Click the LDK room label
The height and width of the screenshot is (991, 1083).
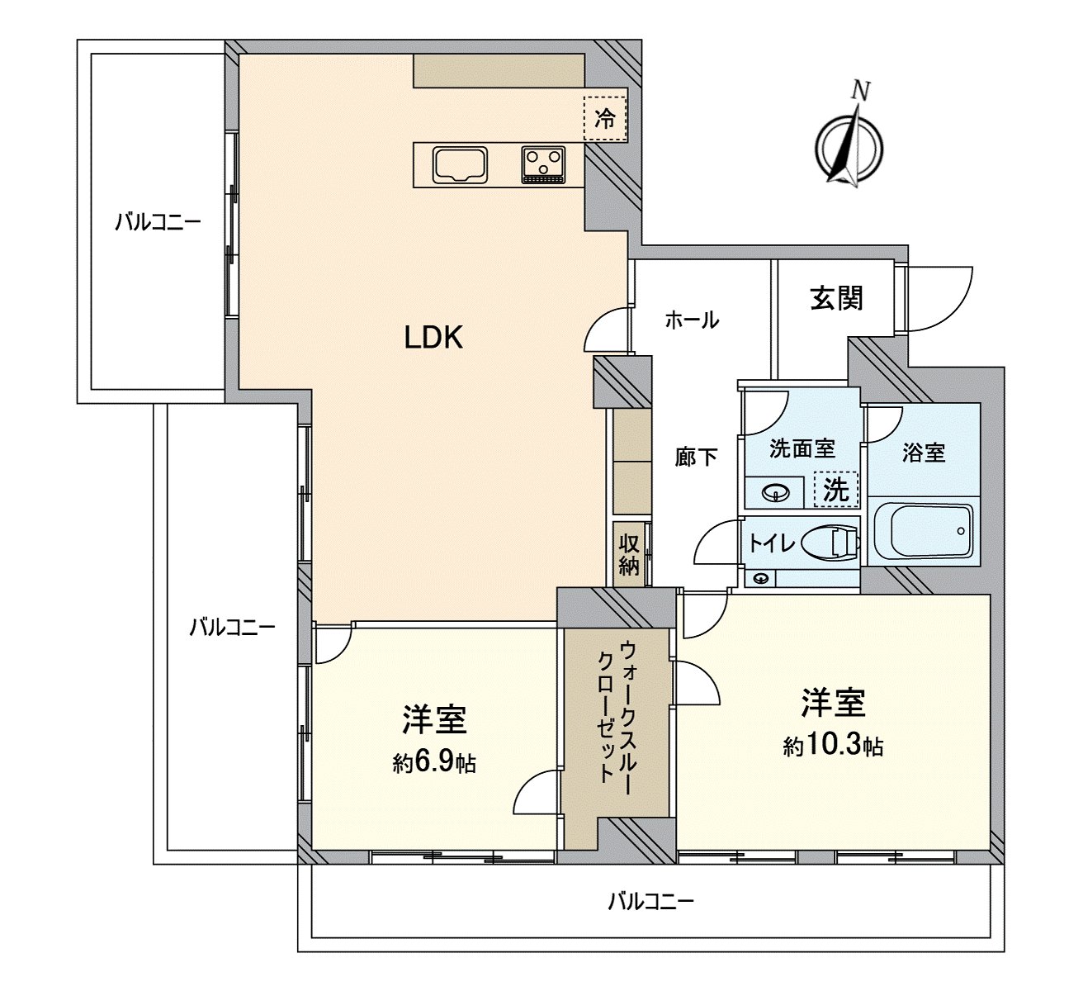coord(433,337)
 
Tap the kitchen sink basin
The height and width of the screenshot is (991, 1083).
coord(461,164)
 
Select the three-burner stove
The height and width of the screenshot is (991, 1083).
coord(542,164)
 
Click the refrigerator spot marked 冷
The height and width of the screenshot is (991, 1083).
coord(605,118)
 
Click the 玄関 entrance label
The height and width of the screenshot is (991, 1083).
coord(836,298)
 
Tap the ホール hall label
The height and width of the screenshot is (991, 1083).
coord(692,320)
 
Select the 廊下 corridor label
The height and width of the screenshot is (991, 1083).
coord(696,457)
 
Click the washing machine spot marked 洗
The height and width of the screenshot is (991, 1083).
coord(836,490)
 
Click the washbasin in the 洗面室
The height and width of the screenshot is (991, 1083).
coord(776,493)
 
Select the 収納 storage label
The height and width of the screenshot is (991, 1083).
coord(630,554)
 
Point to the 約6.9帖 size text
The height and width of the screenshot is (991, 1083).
coord(434,764)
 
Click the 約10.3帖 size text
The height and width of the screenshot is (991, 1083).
coord(833,747)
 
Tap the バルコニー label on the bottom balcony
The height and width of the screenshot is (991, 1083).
coord(650,900)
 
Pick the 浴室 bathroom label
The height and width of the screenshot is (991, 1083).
coord(923,452)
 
